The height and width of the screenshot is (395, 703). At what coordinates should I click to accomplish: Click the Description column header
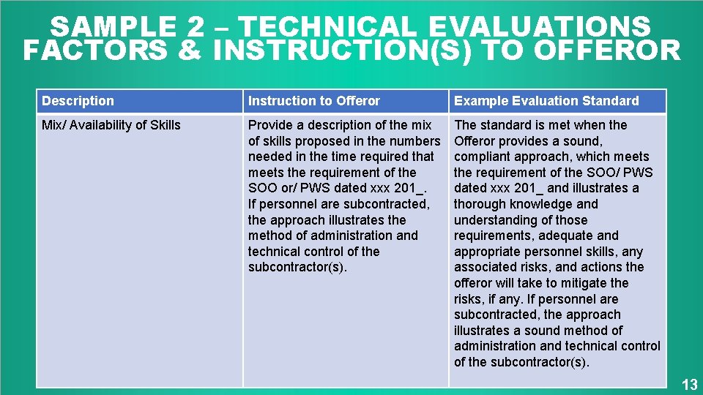(x=78, y=101)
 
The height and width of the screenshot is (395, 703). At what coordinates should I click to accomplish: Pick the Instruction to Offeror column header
(x=314, y=101)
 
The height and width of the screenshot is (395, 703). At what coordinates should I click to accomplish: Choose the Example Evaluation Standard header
(x=546, y=101)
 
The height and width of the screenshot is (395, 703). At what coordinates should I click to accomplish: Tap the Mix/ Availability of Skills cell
(x=111, y=125)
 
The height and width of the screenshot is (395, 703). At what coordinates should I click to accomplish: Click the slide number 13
(x=690, y=385)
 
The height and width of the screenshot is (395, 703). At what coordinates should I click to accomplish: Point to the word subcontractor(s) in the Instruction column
(x=297, y=267)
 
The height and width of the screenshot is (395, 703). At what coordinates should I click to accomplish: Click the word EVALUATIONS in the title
(x=539, y=28)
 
